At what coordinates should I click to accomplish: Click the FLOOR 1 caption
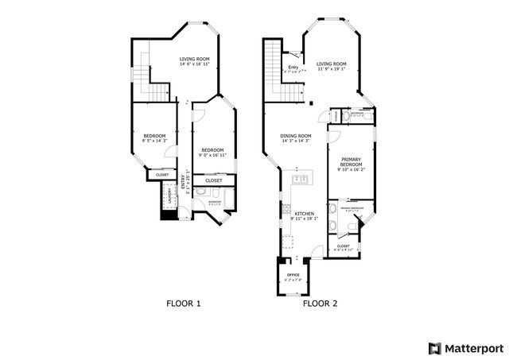tap(184, 303)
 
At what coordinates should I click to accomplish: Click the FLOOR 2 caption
tap(320, 303)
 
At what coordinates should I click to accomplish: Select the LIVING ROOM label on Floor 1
tap(194, 59)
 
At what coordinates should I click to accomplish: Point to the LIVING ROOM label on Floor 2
tap(331, 64)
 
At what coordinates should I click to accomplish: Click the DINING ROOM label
tap(295, 136)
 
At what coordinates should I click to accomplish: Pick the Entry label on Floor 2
tap(293, 68)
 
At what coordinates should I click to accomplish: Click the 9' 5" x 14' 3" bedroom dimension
tap(154, 141)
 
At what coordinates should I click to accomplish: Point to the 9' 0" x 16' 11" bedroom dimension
tap(212, 155)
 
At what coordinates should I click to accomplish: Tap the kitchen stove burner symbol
tap(286, 211)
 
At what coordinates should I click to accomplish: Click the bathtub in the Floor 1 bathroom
tap(229, 199)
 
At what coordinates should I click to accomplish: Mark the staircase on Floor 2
tap(279, 72)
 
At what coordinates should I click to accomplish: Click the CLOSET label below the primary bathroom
tap(344, 246)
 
